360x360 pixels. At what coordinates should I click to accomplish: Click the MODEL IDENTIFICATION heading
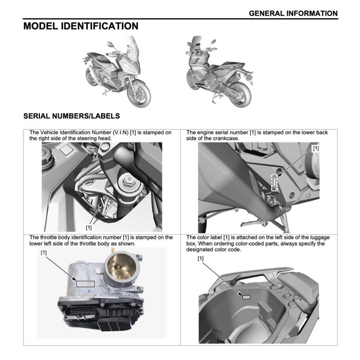point(81,26)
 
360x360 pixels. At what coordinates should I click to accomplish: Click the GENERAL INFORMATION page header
point(293,13)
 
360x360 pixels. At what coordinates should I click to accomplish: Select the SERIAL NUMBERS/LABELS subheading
point(71,116)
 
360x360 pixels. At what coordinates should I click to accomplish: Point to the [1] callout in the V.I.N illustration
point(89,227)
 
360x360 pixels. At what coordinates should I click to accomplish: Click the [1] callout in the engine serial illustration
point(316,148)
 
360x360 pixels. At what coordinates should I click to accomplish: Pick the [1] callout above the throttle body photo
point(44,252)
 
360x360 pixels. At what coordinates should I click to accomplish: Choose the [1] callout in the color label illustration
point(201,259)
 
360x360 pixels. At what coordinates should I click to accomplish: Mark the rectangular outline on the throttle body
point(85,283)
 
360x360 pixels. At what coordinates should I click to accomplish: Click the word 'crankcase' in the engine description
point(227,138)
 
